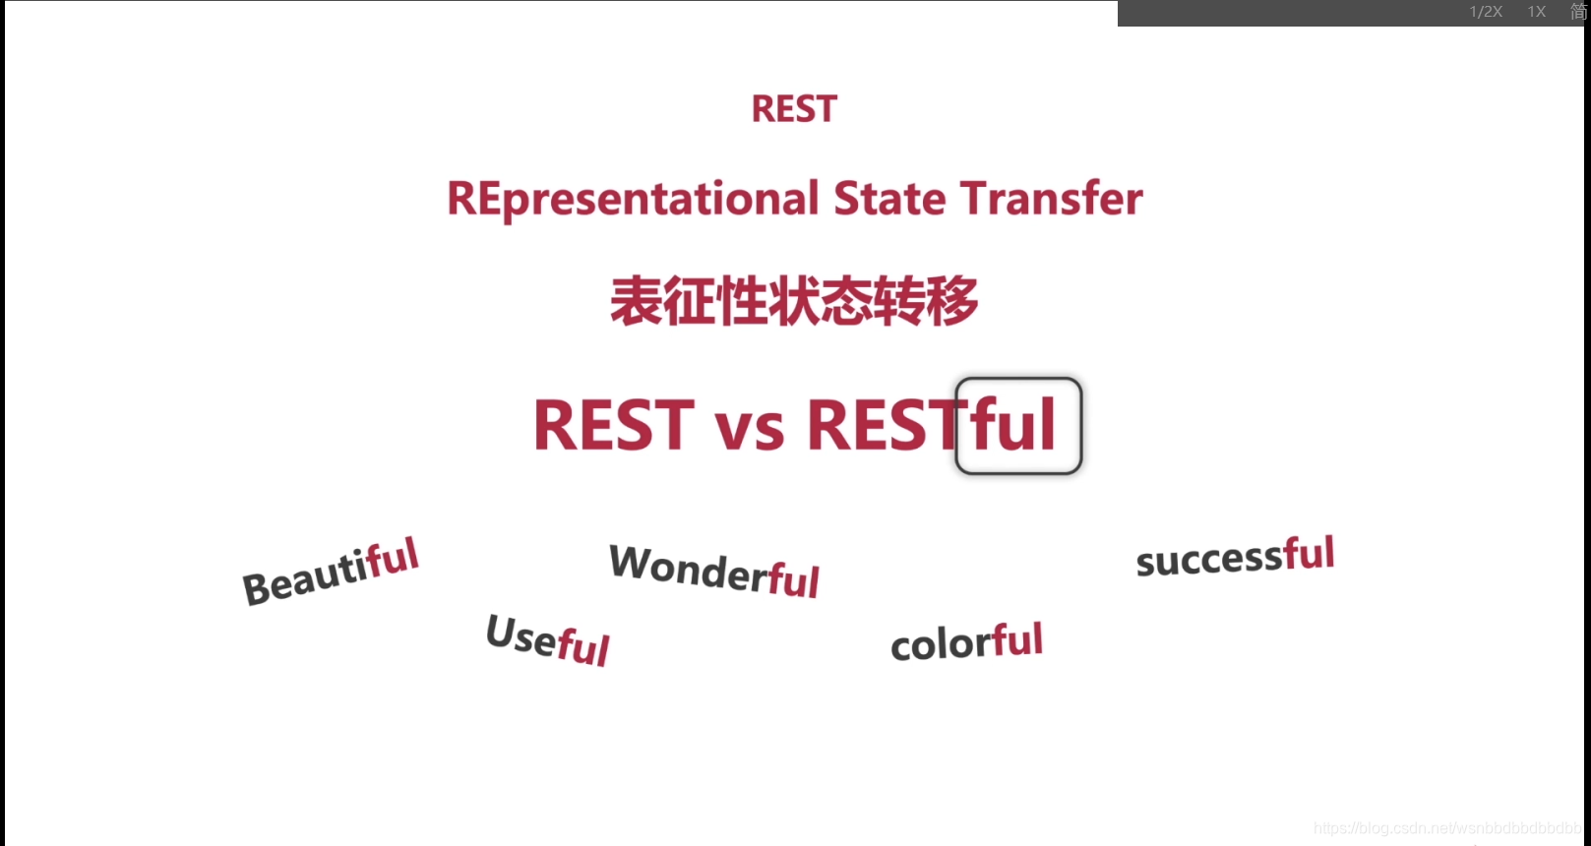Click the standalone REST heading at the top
tap(794, 109)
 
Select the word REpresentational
tap(633, 200)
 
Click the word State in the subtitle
tap(889, 199)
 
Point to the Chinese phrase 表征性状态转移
tap(794, 301)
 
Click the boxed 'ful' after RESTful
tap(1017, 426)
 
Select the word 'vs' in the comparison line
tap(750, 429)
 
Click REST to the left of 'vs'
tap(613, 426)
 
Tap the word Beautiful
tap(331, 572)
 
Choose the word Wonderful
tap(714, 571)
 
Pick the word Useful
tap(548, 639)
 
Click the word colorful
tap(966, 642)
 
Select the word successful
tap(1235, 557)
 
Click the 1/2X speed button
tap(1486, 12)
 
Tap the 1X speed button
tap(1537, 12)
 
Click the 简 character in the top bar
tap(1578, 12)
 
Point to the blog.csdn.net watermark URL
tap(1446, 828)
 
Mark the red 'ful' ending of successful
tap(1309, 554)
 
